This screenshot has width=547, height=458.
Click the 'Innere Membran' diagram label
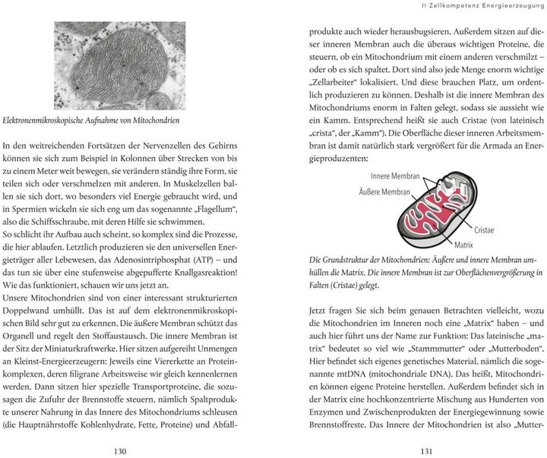(x=395, y=175)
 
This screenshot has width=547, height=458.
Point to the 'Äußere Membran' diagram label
(x=389, y=193)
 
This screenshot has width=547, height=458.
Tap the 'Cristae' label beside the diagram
(x=485, y=229)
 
